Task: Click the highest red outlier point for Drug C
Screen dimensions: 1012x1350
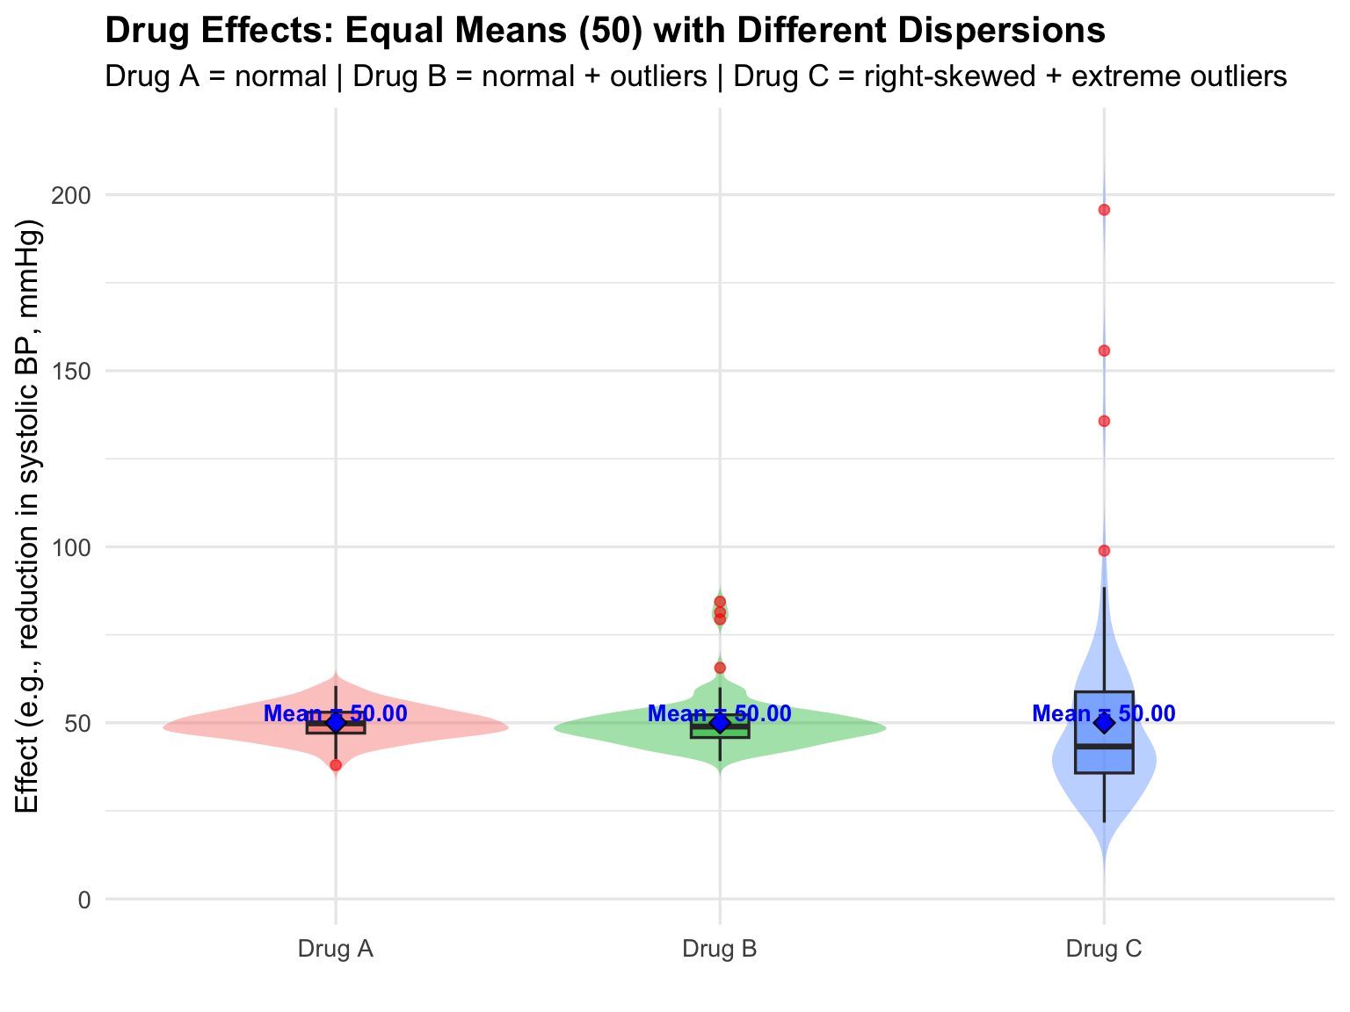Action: coord(1104,210)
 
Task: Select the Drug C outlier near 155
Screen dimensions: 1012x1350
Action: coord(1104,351)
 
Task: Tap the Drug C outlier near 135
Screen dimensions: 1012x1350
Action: coord(1104,421)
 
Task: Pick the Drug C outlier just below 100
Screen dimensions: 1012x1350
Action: coord(1104,551)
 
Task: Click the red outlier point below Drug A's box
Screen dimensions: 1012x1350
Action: coord(336,765)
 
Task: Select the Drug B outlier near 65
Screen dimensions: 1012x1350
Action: coord(720,668)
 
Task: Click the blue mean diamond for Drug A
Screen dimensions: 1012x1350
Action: coord(336,723)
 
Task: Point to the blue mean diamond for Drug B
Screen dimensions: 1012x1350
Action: coord(720,723)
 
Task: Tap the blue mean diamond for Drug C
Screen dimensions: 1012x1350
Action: coord(1104,723)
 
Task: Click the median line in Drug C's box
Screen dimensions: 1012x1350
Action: coord(1104,746)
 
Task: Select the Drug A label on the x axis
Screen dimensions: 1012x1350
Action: coord(336,950)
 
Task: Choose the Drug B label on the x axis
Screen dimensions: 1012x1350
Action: coord(720,950)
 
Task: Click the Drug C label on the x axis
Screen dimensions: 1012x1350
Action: coord(1104,950)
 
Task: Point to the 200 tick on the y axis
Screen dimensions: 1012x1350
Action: coord(74,195)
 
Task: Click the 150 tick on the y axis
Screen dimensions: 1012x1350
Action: coord(74,371)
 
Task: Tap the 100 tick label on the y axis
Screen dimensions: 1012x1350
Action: coord(74,547)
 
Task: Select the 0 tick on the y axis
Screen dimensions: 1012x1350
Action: coord(84,900)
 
